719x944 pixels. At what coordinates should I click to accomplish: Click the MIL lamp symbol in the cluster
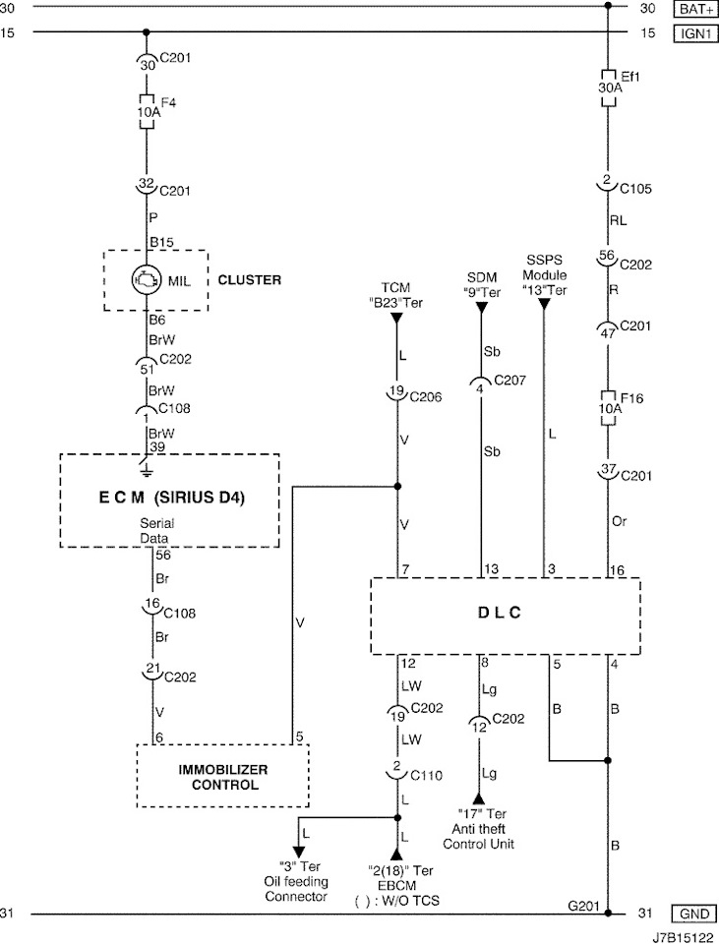[147, 279]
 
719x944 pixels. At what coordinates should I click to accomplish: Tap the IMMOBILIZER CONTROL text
[221, 777]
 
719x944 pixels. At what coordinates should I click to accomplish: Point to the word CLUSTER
[249, 280]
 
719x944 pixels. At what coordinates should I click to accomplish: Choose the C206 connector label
[425, 396]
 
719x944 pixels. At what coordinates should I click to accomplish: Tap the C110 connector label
[425, 774]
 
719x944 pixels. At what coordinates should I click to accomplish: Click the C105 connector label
[635, 188]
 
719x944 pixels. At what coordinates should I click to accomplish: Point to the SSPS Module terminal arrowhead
[543, 305]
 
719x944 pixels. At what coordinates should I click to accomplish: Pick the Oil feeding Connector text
[296, 882]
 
